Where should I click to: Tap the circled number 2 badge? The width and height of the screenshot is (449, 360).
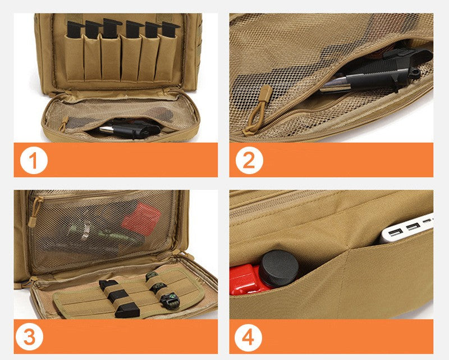249,160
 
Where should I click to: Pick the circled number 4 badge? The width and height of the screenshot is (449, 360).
249,337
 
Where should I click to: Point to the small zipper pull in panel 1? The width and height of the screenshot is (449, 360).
65,122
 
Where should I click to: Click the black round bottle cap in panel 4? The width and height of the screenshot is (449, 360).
278,267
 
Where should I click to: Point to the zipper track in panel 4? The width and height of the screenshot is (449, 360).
281,202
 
